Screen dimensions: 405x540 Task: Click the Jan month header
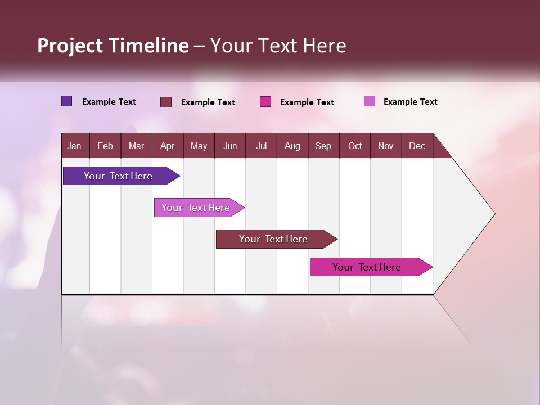(x=74, y=146)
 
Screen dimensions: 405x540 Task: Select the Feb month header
(x=105, y=146)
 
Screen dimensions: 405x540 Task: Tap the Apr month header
(x=167, y=146)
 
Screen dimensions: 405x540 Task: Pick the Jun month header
(x=230, y=146)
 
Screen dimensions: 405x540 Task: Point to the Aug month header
(x=292, y=146)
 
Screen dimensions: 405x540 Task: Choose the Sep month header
(x=323, y=146)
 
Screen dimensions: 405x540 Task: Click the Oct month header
(x=355, y=146)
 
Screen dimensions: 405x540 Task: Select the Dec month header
(x=417, y=146)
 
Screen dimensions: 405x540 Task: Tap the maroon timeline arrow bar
(x=274, y=239)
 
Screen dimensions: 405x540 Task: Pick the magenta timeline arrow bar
(x=367, y=267)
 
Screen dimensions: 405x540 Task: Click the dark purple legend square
(x=66, y=101)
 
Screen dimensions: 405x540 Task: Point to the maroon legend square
(x=165, y=102)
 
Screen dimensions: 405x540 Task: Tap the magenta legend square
(x=265, y=102)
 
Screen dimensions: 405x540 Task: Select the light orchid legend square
(x=369, y=101)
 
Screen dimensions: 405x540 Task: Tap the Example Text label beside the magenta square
(x=307, y=102)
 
